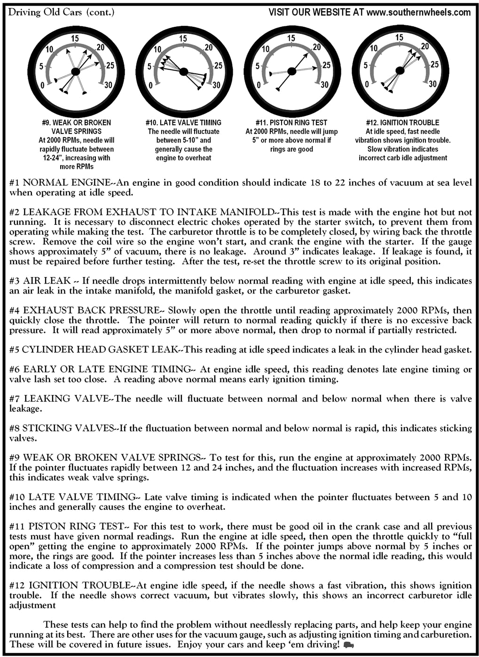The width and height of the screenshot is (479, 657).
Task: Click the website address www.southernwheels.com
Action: pyautogui.click(x=418, y=12)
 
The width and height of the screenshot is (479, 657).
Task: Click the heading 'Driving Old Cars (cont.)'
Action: pyautogui.click(x=61, y=12)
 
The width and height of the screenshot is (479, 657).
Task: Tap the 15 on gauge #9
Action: pyautogui.click(x=75, y=39)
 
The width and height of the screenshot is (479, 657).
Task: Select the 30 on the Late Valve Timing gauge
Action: pyautogui.click(x=216, y=85)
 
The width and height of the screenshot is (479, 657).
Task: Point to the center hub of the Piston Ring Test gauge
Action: pyautogui.click(x=291, y=71)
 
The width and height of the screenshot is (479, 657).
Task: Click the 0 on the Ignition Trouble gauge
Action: pyautogui.click(x=367, y=85)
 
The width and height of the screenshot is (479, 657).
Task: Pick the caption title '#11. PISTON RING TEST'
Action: pyautogui.click(x=291, y=123)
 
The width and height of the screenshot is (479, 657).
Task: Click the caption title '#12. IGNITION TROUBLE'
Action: pyautogui.click(x=402, y=123)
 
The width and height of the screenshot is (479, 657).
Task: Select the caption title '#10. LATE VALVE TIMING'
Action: pyautogui.click(x=183, y=123)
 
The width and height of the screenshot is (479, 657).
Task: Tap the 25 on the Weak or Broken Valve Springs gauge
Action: pyautogui.click(x=110, y=65)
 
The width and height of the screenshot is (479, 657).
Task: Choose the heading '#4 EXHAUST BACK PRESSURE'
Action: pyautogui.click(x=85, y=310)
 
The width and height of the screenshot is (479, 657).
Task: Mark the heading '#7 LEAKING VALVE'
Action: pyautogui.click(x=59, y=399)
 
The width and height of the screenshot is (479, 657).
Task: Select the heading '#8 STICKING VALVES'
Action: pyautogui.click(x=62, y=428)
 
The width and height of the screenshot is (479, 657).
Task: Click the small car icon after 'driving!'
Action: pyautogui.click(x=349, y=645)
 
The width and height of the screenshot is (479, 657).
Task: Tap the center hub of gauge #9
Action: pyautogui.click(x=75, y=71)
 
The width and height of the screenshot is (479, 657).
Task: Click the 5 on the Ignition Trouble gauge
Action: pyautogui.click(x=365, y=66)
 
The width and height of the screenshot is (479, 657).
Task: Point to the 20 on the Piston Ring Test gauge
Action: pyautogui.click(x=317, y=47)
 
